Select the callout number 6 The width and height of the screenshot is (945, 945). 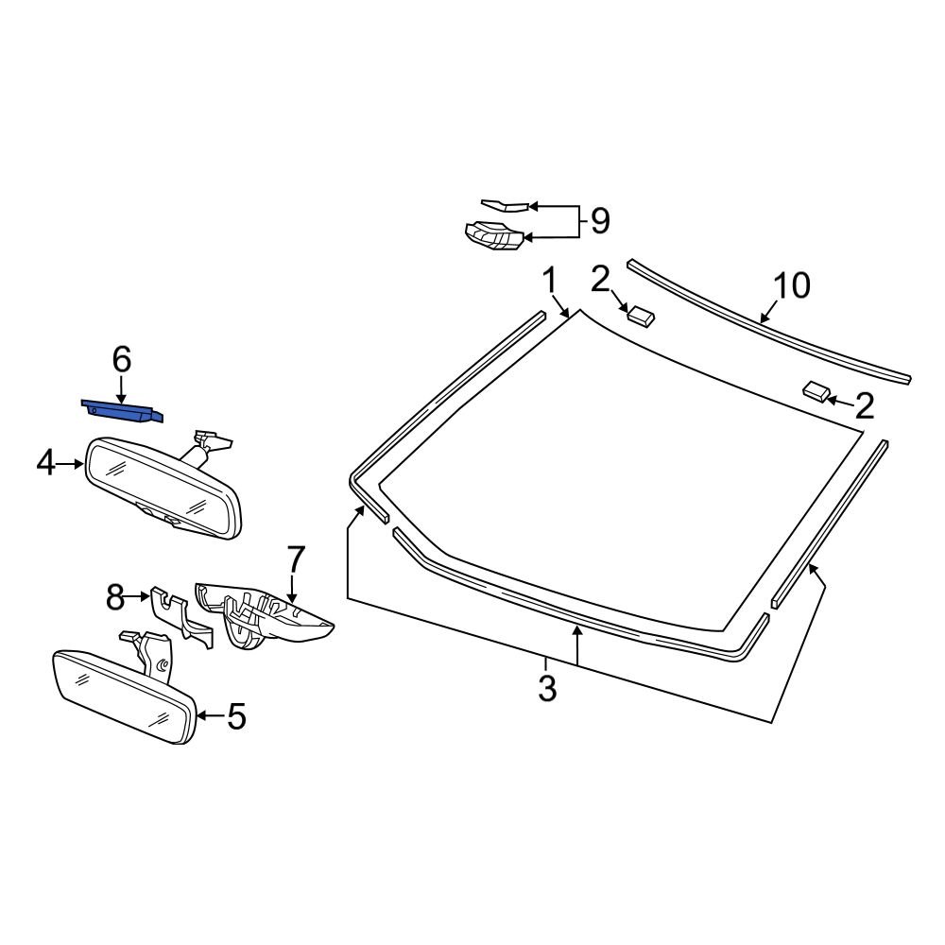tap(122, 360)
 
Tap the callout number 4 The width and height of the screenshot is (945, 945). tap(45, 464)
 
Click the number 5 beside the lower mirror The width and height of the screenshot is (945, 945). tap(236, 716)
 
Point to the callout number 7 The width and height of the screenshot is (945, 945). tap(296, 559)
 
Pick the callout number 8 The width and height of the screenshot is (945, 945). tap(114, 597)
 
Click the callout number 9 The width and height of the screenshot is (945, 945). tap(600, 221)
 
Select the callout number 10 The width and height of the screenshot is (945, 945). tap(792, 285)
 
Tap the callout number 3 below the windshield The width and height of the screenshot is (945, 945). tap(546, 688)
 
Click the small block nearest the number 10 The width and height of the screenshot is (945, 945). tap(641, 316)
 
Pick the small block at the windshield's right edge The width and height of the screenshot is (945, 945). tap(816, 390)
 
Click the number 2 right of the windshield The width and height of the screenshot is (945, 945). tap(865, 406)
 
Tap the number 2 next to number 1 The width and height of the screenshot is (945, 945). tap(600, 280)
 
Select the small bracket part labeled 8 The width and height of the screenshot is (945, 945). tap(180, 617)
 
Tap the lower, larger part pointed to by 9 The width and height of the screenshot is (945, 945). tap(493, 235)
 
